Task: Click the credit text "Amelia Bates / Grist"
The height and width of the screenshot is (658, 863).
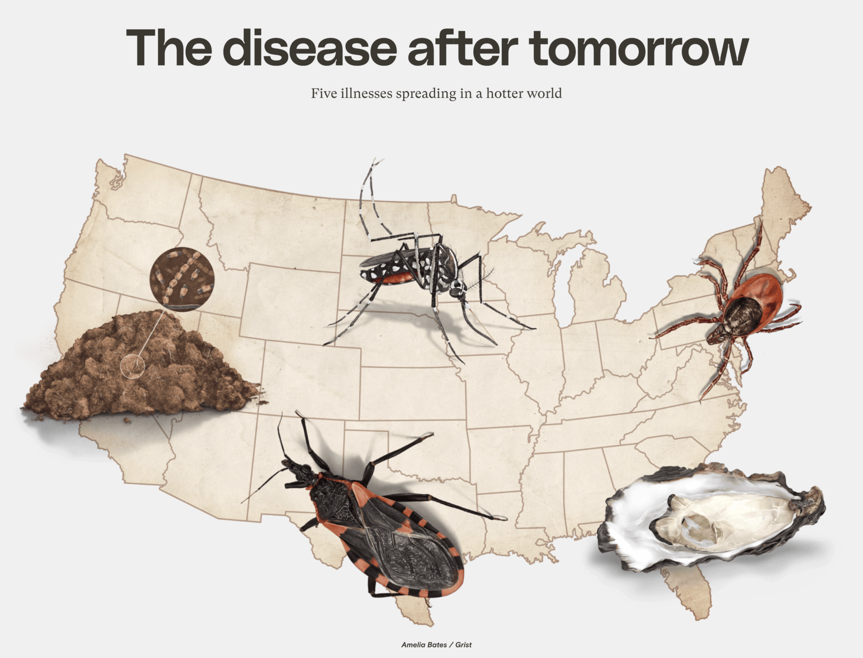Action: [436, 645]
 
